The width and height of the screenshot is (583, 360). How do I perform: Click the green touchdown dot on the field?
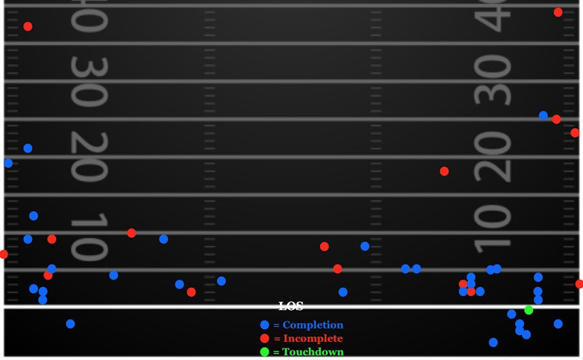point(529,310)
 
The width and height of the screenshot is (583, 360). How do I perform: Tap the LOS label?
point(290,306)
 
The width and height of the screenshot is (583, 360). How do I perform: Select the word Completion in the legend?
point(313,325)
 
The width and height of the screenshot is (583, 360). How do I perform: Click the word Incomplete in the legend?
point(313,339)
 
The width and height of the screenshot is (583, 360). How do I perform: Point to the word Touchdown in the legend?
point(313,352)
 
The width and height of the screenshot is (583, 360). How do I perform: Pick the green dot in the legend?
point(264,352)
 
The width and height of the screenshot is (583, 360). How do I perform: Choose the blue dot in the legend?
point(264,325)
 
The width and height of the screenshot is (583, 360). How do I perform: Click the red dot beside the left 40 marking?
point(28,27)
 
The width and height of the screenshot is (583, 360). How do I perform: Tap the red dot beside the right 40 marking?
point(558,12)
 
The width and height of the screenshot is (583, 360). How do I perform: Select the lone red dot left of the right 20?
point(444,172)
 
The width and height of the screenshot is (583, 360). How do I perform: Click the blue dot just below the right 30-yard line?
point(543,115)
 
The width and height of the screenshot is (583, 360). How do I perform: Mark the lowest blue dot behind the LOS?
point(494,343)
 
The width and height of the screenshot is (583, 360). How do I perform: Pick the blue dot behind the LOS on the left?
point(71,324)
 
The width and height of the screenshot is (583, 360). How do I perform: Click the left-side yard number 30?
point(88,82)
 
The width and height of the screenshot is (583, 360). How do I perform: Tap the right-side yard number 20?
point(492,157)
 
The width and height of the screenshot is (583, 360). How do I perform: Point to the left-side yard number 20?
point(88,157)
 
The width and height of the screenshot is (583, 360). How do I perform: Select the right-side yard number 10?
point(492,229)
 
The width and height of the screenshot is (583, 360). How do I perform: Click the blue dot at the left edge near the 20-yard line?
point(8,163)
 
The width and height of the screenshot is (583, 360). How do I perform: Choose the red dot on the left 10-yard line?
point(131,233)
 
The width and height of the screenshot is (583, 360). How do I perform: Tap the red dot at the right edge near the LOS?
point(580,284)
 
